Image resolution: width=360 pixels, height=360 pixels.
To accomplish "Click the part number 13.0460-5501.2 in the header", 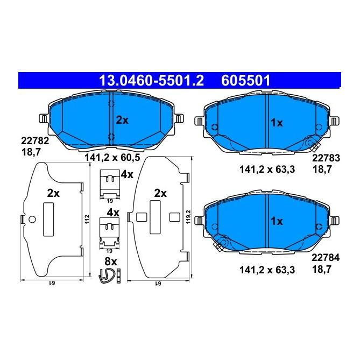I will [152, 81].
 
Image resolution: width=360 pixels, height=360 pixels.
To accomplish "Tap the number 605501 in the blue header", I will [245, 81].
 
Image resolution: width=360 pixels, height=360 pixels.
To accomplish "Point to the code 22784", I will [326, 258].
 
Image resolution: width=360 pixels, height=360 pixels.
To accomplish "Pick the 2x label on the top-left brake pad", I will [123, 121].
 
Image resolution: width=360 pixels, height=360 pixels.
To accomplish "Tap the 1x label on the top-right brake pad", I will [277, 123].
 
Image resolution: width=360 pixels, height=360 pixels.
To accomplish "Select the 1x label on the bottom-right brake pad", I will [277, 221].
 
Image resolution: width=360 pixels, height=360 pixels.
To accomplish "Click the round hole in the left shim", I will [32, 219].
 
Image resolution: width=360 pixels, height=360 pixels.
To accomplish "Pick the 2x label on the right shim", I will [160, 193].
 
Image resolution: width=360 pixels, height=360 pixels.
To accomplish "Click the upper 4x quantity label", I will [127, 174].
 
